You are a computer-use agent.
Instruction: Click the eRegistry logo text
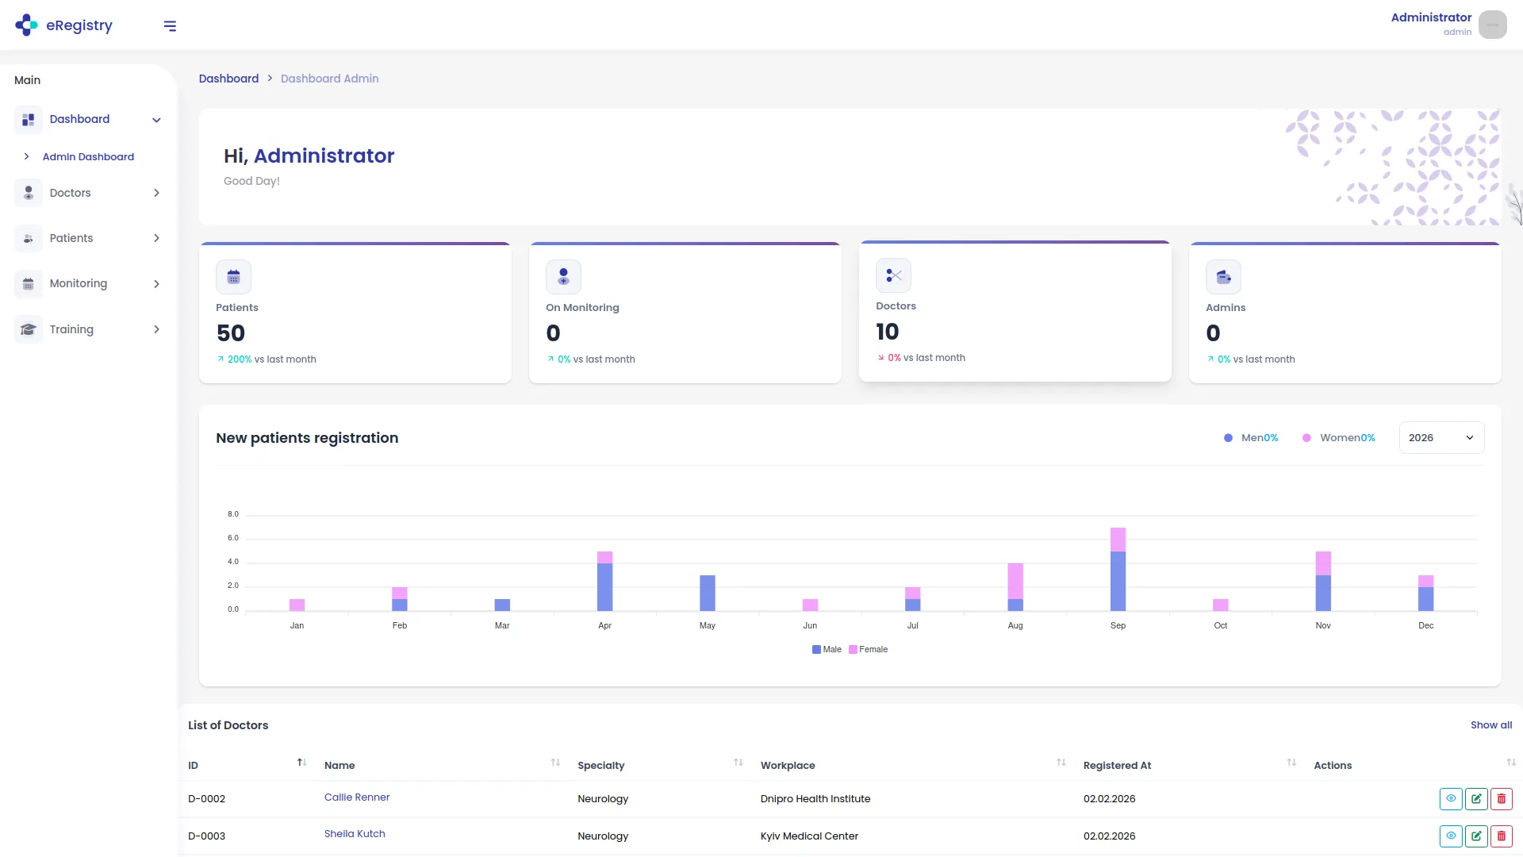[x=79, y=25]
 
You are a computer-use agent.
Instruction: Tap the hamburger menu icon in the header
[x=170, y=26]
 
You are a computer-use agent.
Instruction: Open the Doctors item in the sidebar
[x=70, y=193]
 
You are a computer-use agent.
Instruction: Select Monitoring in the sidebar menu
[x=78, y=283]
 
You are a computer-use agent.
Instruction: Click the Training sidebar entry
[x=71, y=329]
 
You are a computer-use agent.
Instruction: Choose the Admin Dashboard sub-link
[x=88, y=157]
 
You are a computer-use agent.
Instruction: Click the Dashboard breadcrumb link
[x=228, y=79]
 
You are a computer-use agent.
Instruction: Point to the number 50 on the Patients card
[x=231, y=333]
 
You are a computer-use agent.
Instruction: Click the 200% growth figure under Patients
[x=239, y=359]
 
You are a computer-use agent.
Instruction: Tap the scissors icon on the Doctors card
[x=893, y=275]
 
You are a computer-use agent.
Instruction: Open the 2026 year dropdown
[x=1441, y=438]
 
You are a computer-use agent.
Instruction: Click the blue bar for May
[x=707, y=593]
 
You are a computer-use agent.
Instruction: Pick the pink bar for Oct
[x=1220, y=605]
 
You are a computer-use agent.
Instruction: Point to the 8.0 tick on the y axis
[x=232, y=514]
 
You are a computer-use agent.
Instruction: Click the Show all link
[x=1490, y=725]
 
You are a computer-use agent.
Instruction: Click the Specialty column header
[x=600, y=766]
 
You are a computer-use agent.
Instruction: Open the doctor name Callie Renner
[x=357, y=797]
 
